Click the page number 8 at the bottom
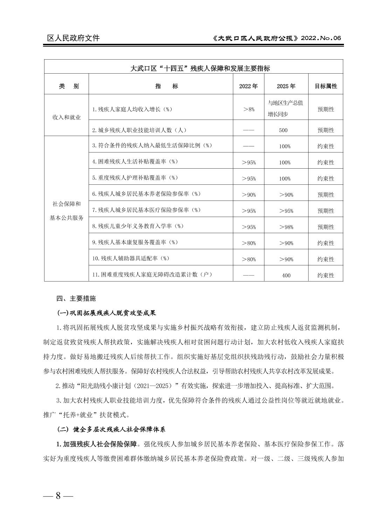pos(58,496)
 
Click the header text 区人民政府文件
pos(74,38)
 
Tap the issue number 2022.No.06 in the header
pos(321,38)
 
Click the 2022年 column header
pos(248,86)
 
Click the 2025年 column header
pos(286,86)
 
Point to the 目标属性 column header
pos(326,86)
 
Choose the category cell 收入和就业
pos(67,117)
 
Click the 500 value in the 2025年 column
pos(283,130)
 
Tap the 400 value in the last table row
pos(286,275)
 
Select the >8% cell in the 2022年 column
pos(249,109)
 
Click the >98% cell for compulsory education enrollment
pos(286,227)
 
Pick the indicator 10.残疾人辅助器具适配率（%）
pos(131,258)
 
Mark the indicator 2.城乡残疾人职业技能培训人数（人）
pos(139,130)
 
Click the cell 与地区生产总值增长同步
pos(285,108)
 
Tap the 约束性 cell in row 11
pos(326,275)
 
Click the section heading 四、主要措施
pos(76,298)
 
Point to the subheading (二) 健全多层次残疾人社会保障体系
pos(111,429)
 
